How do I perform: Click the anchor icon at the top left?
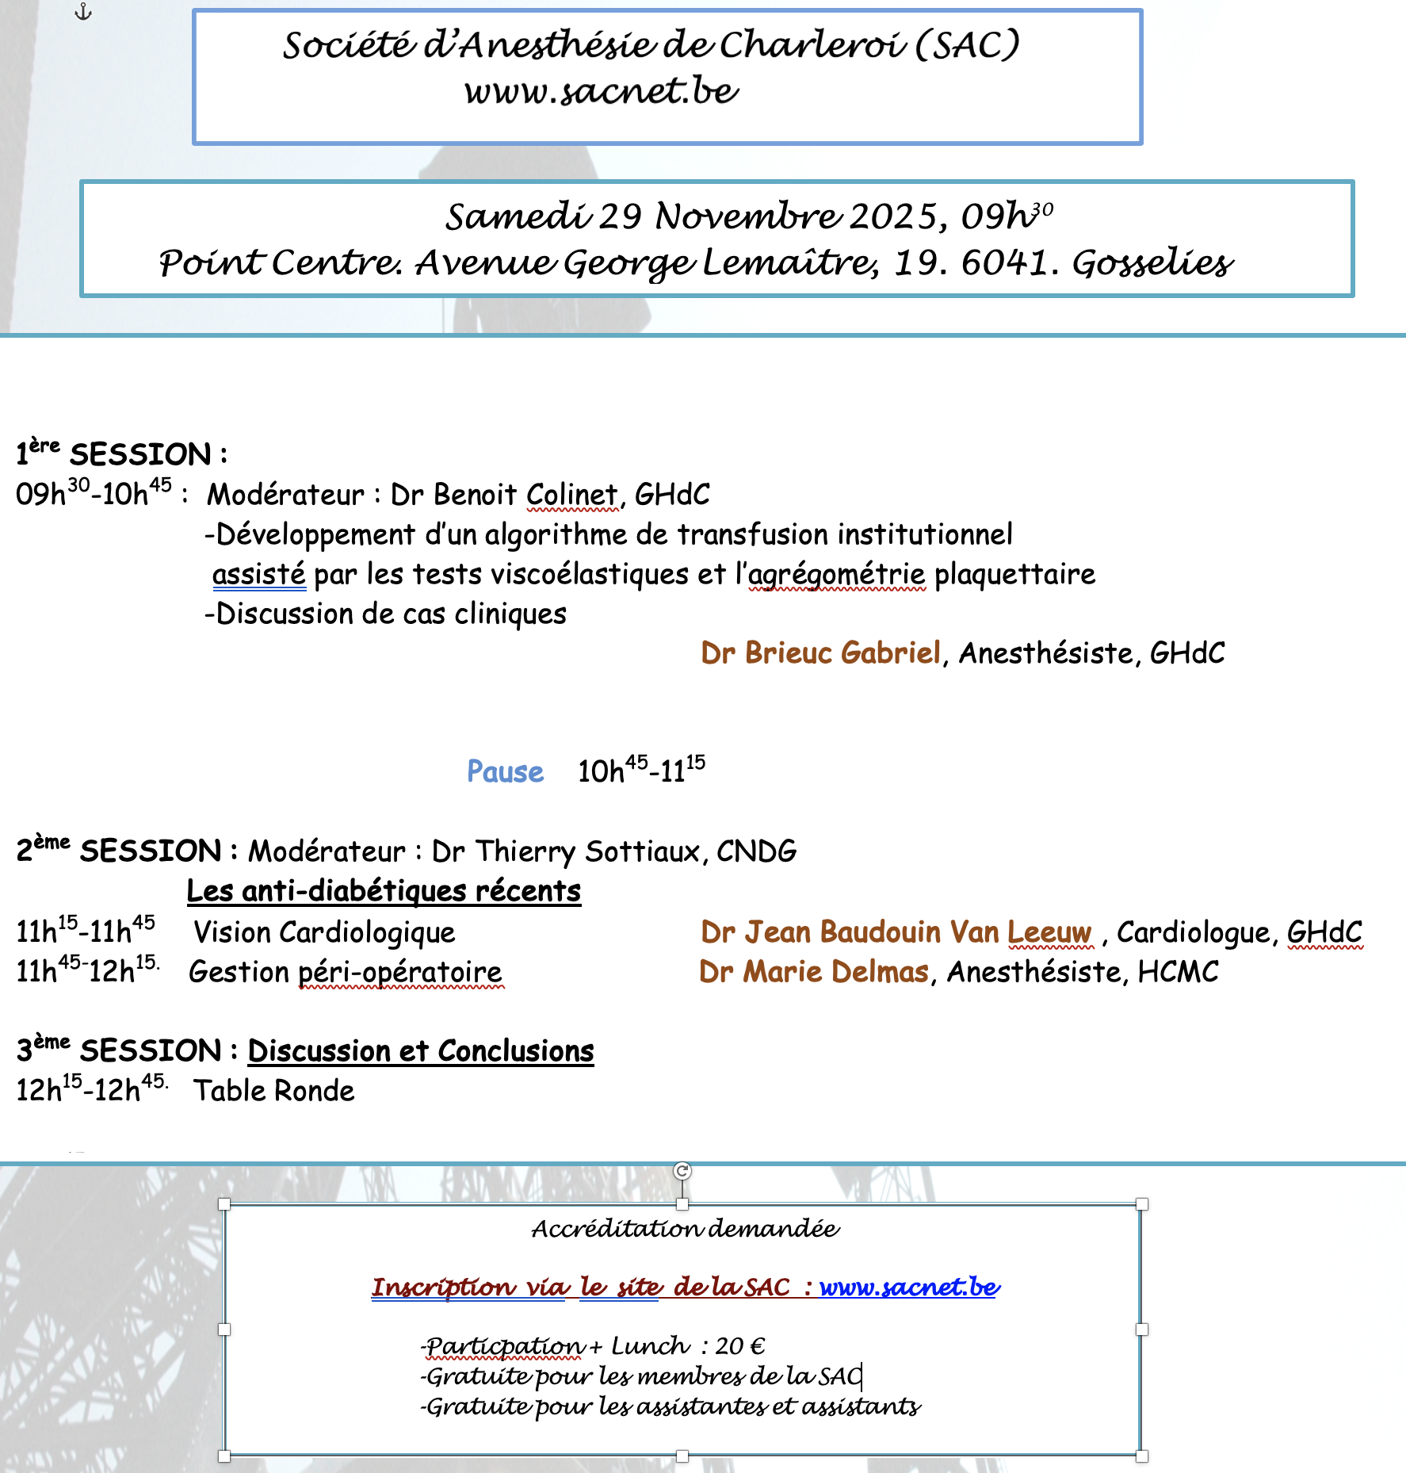(x=83, y=12)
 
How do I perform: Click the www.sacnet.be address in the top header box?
(x=602, y=91)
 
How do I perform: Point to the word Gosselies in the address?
(x=1152, y=262)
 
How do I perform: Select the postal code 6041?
(x=1009, y=262)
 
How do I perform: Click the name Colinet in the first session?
(x=571, y=495)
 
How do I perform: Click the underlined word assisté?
(x=258, y=574)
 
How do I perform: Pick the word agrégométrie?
(x=836, y=574)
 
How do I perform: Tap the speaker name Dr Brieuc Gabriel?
(x=820, y=652)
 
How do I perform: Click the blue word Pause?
(x=505, y=771)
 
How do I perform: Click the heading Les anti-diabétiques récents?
(x=384, y=891)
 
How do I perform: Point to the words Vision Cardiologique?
(x=324, y=932)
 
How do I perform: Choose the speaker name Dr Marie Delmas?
(x=813, y=972)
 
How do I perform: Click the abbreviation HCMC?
(x=1178, y=972)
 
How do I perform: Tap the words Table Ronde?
(x=274, y=1091)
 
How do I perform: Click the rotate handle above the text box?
(x=682, y=1171)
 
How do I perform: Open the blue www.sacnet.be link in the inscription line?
(x=909, y=1287)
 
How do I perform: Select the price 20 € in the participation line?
(x=739, y=1346)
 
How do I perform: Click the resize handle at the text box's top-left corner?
(x=224, y=1204)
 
